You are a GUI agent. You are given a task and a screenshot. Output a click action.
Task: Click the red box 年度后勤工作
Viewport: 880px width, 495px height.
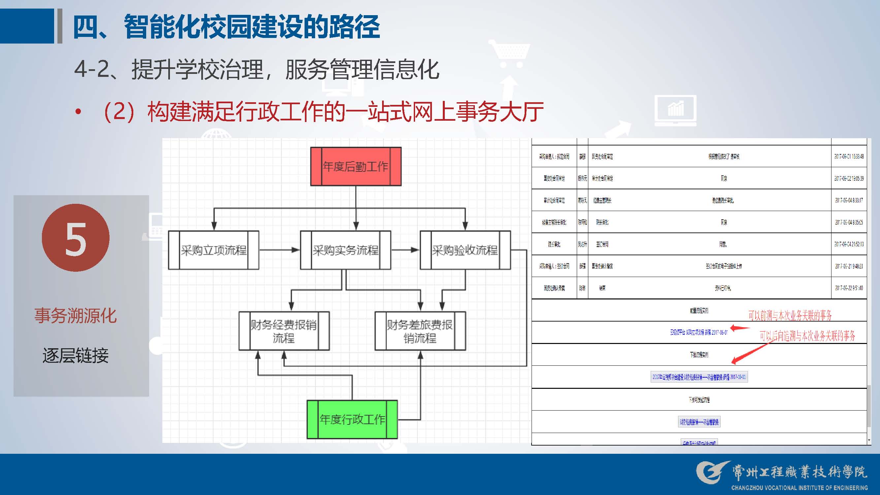click(356, 167)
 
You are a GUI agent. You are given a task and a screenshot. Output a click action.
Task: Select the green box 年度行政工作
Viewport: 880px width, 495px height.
click(352, 419)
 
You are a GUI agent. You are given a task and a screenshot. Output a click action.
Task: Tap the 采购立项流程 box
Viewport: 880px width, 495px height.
click(213, 250)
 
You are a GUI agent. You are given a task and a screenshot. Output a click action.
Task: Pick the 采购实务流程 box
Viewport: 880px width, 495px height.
click(345, 250)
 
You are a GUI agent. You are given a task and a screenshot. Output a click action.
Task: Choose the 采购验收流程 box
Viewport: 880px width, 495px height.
click(465, 250)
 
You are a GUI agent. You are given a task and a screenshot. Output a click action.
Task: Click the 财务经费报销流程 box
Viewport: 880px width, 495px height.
click(284, 331)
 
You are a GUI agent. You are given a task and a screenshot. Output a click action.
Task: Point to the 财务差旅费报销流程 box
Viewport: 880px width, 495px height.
click(420, 331)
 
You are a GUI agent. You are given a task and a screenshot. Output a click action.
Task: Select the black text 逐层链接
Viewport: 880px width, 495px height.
click(76, 356)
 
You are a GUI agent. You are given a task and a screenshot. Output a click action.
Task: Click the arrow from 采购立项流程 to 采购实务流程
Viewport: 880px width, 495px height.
click(279, 250)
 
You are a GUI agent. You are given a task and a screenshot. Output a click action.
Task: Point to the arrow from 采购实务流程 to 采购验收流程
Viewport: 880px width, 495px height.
click(405, 250)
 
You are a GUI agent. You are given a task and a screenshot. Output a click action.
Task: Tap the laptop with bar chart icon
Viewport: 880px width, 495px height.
click(675, 110)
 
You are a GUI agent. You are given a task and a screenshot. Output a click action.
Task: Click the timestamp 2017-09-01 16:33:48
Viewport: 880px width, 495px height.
click(849, 156)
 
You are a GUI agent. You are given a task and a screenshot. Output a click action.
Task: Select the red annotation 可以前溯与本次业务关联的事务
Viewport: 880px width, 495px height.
click(790, 315)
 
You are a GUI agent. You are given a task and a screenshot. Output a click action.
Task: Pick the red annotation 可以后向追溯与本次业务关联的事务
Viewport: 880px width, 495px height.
click(807, 336)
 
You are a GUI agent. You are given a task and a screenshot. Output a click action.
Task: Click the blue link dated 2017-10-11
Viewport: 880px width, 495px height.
click(699, 377)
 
